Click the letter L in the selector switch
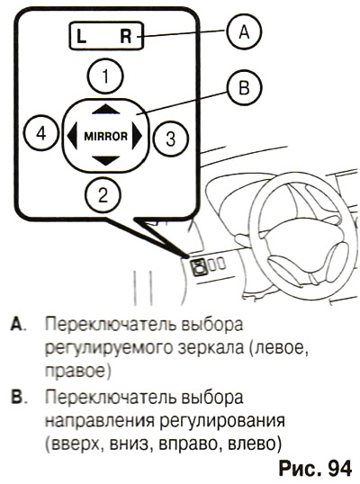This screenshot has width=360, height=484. (81, 36)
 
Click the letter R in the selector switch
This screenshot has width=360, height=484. (126, 36)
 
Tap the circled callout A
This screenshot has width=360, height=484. (244, 31)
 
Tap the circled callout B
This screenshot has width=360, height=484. (244, 87)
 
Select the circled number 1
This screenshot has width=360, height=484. (105, 76)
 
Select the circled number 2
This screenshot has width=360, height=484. (103, 195)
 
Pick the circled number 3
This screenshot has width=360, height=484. (171, 138)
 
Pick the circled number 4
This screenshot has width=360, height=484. (41, 134)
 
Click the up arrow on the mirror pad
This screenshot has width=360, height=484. (106, 109)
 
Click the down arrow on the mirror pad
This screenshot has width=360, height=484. (106, 160)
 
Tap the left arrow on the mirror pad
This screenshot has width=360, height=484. (72, 136)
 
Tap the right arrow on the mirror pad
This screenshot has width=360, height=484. (137, 136)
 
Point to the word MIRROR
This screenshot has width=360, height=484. (105, 136)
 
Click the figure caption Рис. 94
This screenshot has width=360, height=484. (315, 469)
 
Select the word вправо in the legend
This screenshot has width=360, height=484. (190, 444)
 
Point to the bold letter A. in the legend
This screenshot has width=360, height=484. (18, 324)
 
